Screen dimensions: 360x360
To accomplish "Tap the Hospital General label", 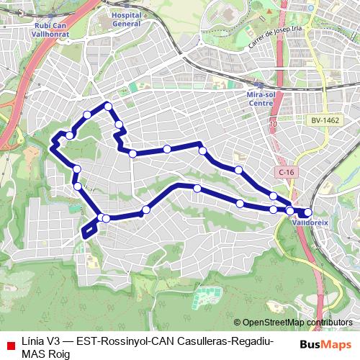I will [x=127, y=18].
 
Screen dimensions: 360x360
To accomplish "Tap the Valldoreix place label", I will [x=310, y=223].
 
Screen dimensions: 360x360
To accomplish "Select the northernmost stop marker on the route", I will [x=108, y=107].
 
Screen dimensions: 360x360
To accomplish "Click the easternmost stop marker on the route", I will [x=308, y=212].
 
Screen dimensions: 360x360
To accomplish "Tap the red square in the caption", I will [x=10, y=346].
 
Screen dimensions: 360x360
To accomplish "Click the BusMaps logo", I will [x=326, y=345].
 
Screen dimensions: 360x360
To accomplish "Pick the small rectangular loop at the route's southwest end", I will [x=89, y=228].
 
